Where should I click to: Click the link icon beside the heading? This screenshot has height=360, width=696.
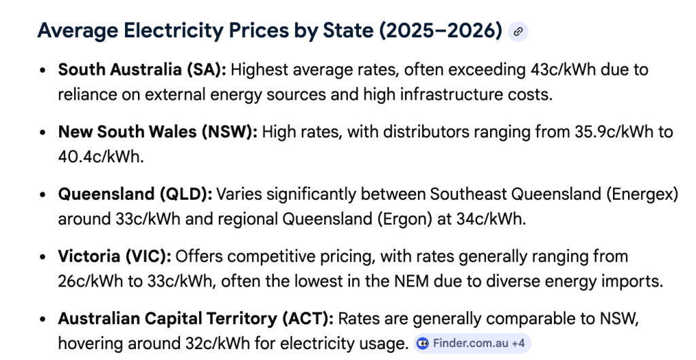(x=518, y=31)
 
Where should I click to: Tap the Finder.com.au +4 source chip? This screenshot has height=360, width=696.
(x=472, y=344)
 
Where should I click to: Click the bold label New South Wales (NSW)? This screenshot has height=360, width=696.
(x=158, y=132)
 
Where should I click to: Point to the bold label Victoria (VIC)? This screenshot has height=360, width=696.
(x=114, y=257)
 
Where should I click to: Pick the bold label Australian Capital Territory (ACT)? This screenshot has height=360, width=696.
(x=195, y=319)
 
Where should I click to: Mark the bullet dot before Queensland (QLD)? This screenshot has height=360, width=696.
(x=43, y=195)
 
